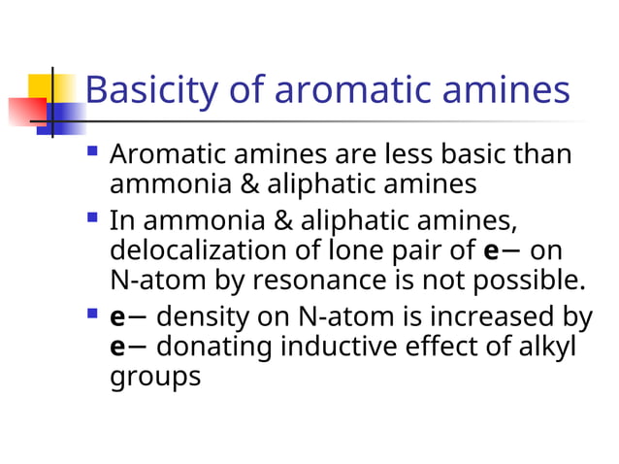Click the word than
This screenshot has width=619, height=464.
tap(540, 154)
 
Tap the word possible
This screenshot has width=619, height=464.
tap(531, 281)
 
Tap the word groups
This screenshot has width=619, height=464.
tap(155, 376)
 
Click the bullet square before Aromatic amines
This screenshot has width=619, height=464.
tap(92, 151)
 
